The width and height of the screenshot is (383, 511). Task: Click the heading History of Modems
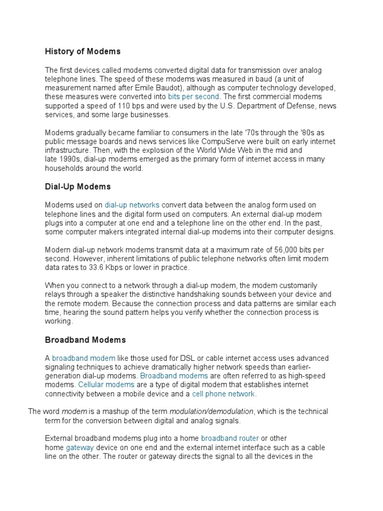pos(83,51)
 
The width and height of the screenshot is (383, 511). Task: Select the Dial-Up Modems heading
pos(78,187)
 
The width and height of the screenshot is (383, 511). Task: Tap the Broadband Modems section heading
pos(85,340)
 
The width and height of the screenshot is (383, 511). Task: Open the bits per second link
pos(193,96)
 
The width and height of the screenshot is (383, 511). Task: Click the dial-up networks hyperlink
pos(132,205)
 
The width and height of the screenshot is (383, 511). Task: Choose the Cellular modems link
pos(106,385)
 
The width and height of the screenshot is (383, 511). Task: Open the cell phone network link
pos(224,394)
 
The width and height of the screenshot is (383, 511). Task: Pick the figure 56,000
pos(270,250)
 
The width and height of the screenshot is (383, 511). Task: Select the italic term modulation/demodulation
pos(212,412)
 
